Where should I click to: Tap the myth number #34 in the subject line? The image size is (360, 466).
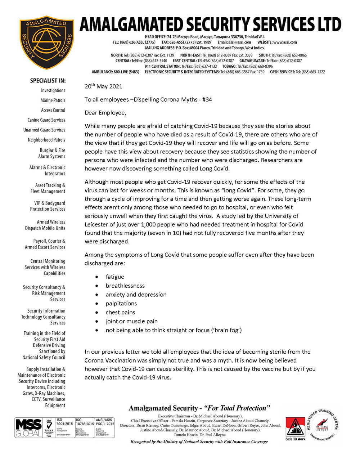(x=207, y=99)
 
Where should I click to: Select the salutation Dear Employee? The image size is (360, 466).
(x=105, y=113)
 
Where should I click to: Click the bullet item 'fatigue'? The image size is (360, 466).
(x=115, y=277)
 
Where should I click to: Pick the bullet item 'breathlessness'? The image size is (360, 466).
(x=125, y=286)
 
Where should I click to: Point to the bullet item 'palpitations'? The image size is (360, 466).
(x=121, y=304)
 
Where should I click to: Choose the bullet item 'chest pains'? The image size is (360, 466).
(x=120, y=312)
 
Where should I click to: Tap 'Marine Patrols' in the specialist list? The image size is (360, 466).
(x=53, y=100)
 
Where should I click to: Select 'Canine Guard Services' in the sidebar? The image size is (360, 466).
(x=46, y=120)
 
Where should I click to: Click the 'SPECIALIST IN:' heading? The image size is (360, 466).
(x=48, y=81)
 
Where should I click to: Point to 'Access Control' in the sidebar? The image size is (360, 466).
(x=53, y=110)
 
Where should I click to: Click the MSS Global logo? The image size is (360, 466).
(x=29, y=427)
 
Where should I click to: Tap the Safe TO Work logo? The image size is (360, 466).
(x=295, y=429)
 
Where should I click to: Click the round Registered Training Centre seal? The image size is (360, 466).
(x=322, y=425)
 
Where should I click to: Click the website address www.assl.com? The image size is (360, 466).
(x=285, y=42)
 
